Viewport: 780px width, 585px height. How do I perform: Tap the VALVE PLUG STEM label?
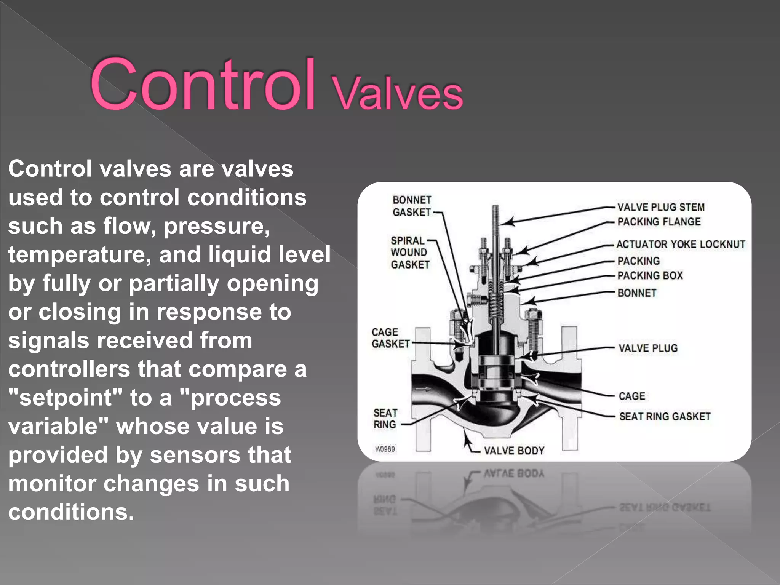pos(661,207)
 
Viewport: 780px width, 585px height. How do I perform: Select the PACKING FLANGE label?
pos(659,222)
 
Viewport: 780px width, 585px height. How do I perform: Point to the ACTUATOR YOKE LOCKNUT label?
pos(681,244)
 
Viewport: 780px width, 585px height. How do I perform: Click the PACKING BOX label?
pos(650,275)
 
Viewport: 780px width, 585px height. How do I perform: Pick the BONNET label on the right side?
pos(637,293)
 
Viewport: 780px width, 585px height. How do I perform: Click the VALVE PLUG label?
pos(648,348)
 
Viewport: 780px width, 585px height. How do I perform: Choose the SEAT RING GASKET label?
pos(665,416)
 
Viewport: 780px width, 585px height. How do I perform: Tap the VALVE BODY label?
pos(514,451)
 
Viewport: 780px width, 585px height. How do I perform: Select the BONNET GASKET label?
pos(412,206)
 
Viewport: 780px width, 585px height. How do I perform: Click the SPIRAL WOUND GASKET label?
pos(409,253)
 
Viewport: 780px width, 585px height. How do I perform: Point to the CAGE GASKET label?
pos(390,338)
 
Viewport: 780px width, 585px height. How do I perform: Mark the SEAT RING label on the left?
pos(385,419)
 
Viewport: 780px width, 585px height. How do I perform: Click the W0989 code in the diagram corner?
pos(385,449)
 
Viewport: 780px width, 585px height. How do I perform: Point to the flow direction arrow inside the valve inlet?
pos(423,389)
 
